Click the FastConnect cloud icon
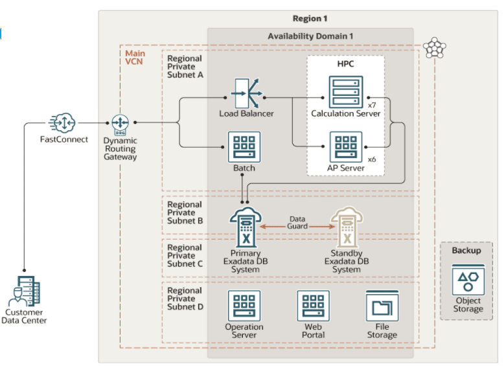tap(63, 122)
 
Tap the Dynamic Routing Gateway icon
tap(120, 122)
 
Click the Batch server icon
tap(244, 147)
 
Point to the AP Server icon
tap(345, 147)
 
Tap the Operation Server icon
tap(244, 306)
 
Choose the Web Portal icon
tap(314, 306)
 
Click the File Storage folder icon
tap(382, 306)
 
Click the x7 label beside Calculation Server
tap(372, 104)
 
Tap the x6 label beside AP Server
tap(372, 159)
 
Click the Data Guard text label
tap(298, 223)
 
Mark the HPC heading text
tap(345, 65)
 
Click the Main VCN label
tap(135, 58)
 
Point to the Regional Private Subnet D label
tap(185, 299)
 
